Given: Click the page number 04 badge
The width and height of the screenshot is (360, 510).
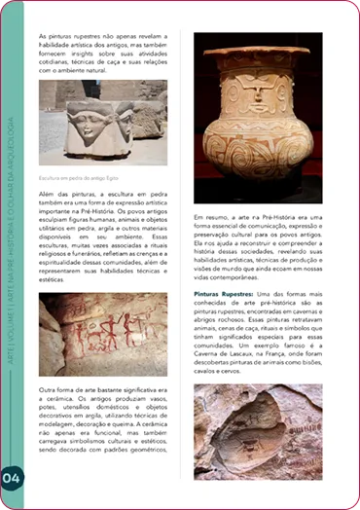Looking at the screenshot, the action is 13,477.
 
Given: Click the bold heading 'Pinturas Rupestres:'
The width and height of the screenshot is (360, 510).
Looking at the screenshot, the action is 223,265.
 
